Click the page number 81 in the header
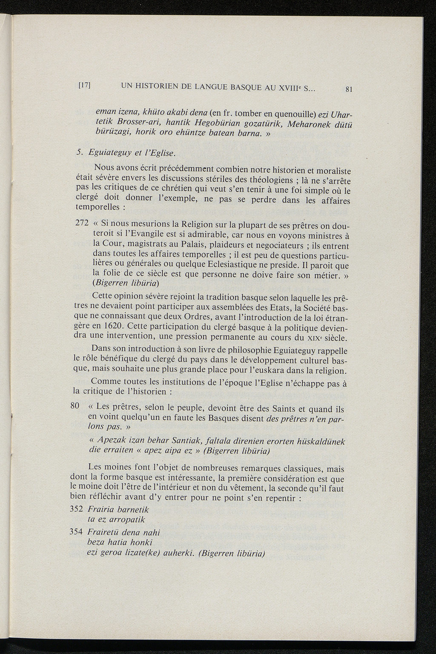click(350, 89)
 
